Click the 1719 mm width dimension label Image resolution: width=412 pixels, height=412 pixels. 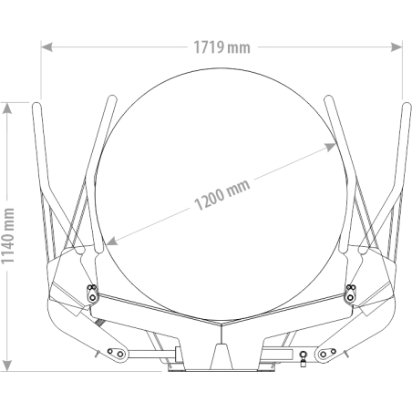(221, 47)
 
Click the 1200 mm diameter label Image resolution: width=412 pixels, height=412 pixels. (222, 195)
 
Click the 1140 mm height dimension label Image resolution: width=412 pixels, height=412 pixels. (7, 236)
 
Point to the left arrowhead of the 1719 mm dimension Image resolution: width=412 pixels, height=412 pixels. (46, 47)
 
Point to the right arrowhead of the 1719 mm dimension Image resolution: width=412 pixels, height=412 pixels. (397, 47)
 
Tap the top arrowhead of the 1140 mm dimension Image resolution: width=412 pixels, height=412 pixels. (7, 108)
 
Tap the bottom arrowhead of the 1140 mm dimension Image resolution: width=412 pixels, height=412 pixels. (7, 366)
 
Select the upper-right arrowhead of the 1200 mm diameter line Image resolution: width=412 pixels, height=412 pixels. (330, 147)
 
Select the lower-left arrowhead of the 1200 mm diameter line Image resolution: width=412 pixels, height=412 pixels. (112, 241)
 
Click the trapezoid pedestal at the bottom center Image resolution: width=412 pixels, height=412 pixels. (221, 356)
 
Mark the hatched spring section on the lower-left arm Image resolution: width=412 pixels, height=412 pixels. (98, 321)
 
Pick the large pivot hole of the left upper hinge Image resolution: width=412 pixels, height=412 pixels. (92, 297)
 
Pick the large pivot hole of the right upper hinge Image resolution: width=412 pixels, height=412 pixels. (351, 297)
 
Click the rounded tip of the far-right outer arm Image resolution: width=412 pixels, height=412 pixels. (407, 106)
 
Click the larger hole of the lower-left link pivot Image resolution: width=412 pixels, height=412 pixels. (120, 354)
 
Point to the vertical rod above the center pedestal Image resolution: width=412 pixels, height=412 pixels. (221, 334)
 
